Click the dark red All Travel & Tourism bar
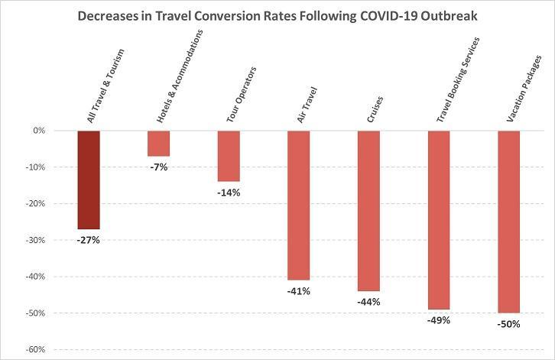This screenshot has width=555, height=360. (x=88, y=180)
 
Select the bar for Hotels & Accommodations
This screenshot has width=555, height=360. (x=158, y=144)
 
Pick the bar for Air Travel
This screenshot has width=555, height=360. (x=298, y=205)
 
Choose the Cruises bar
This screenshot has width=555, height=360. (x=368, y=210)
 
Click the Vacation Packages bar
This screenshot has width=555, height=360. (x=508, y=222)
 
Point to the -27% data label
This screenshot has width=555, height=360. (x=88, y=240)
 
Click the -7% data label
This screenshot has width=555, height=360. (x=158, y=167)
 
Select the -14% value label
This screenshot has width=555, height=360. (x=229, y=193)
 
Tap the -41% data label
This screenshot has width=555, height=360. (x=298, y=290)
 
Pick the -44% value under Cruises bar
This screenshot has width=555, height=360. (x=368, y=302)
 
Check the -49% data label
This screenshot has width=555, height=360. (x=439, y=320)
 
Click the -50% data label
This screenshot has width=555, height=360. (x=508, y=324)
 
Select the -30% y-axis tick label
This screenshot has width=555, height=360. (x=37, y=240)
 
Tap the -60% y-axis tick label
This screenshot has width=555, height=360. (x=37, y=349)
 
